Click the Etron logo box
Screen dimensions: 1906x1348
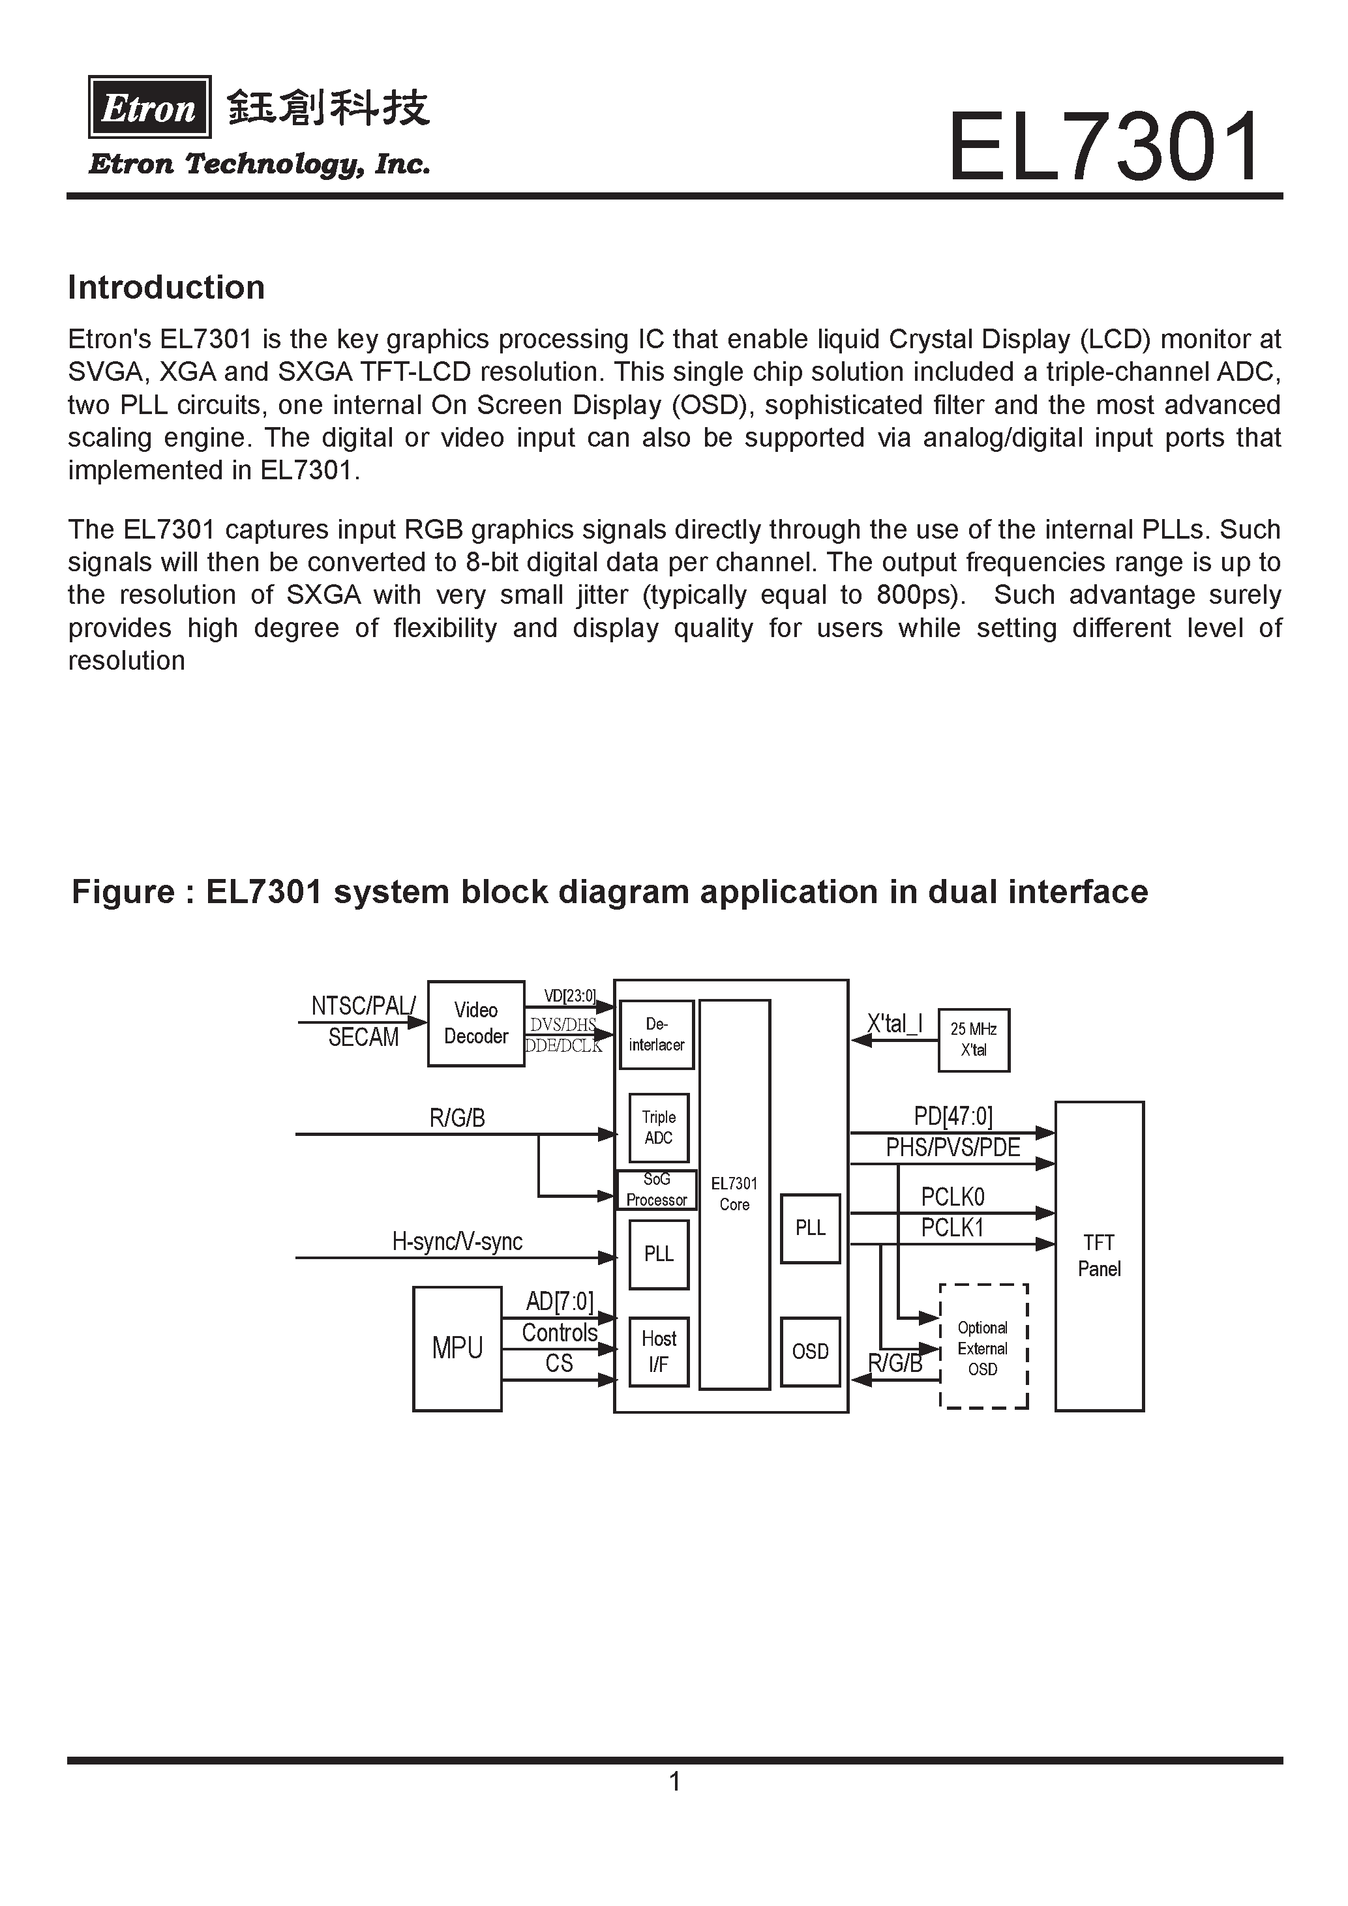(x=149, y=107)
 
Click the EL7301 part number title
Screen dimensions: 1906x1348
(x=1104, y=148)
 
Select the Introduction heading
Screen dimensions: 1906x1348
(x=166, y=287)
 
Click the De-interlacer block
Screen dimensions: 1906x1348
(x=657, y=1034)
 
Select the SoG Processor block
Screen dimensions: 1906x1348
(x=657, y=1189)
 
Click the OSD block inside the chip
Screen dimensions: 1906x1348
(x=810, y=1352)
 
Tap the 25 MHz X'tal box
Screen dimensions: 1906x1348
(x=974, y=1039)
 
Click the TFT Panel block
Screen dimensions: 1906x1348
(x=1099, y=1256)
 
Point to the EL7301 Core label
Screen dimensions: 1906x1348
(x=734, y=1194)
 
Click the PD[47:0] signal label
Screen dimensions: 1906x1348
(x=953, y=1116)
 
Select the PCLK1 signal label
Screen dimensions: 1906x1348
(x=952, y=1228)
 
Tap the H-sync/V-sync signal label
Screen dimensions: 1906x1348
(x=457, y=1242)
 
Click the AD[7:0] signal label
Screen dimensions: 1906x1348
(x=560, y=1301)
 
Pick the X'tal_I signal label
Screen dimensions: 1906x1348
(x=895, y=1024)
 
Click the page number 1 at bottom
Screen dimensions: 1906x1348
(x=675, y=1781)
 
